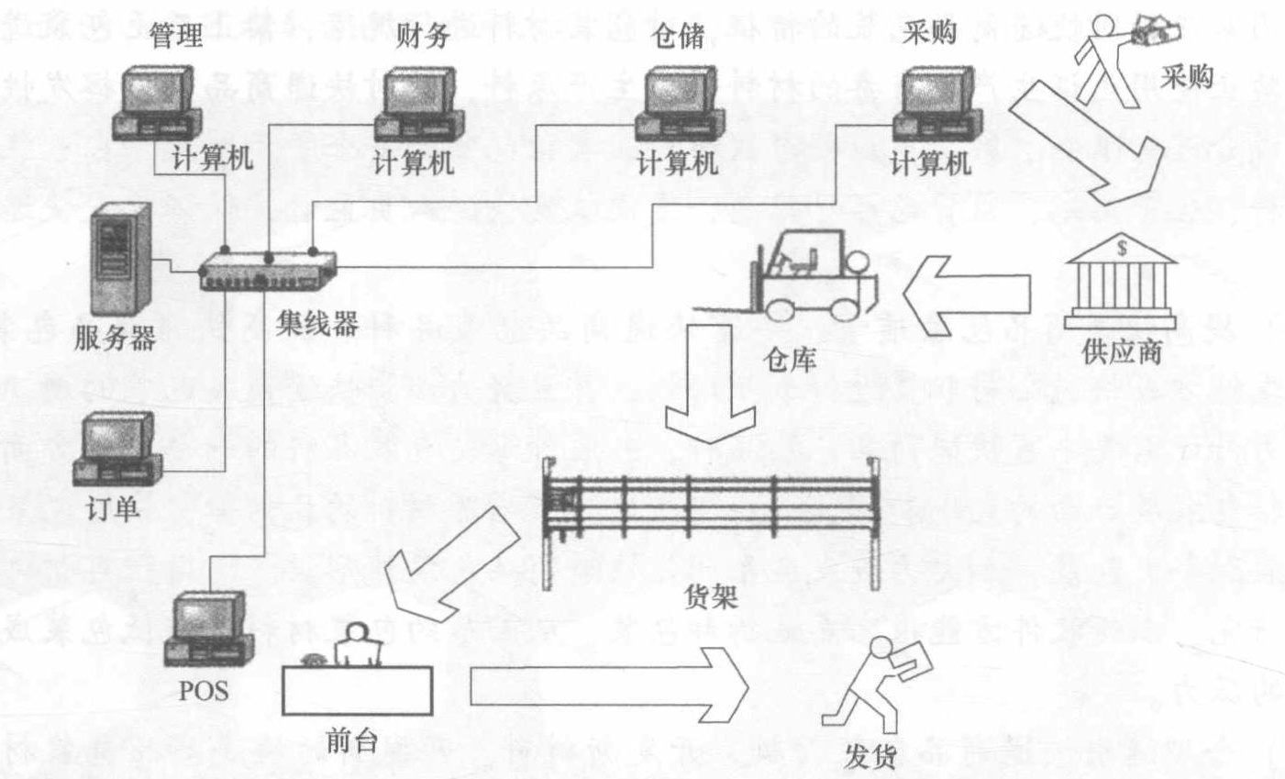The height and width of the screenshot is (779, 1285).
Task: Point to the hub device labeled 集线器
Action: [267, 271]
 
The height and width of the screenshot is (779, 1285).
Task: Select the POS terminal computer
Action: [210, 629]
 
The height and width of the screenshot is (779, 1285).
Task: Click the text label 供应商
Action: [1122, 351]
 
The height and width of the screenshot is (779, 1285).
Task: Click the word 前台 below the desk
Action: [351, 740]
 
